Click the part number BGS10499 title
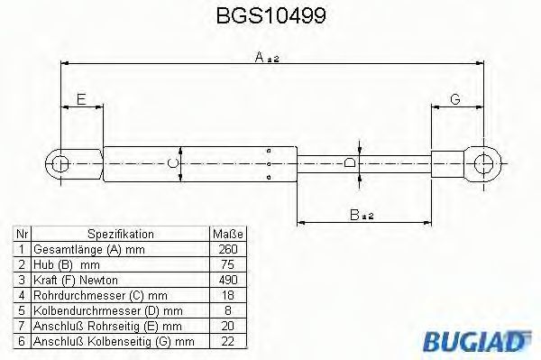click(x=270, y=15)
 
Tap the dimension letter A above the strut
click(x=259, y=57)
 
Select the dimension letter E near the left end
click(x=81, y=99)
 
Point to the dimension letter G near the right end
click(x=455, y=99)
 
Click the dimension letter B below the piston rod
click(x=354, y=215)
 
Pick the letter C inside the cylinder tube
click(x=172, y=162)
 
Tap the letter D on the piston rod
click(x=350, y=162)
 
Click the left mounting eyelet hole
click(x=61, y=163)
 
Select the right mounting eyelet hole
click(x=483, y=163)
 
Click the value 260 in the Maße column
click(x=228, y=249)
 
